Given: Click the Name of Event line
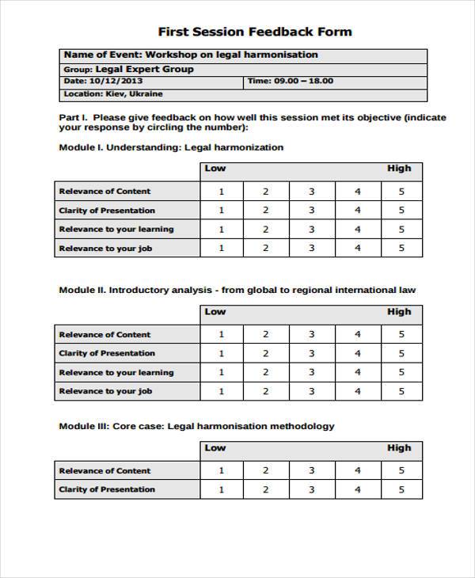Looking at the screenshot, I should tap(190, 55).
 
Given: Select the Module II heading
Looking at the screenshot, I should tap(237, 290).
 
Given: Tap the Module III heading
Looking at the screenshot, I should tap(196, 426).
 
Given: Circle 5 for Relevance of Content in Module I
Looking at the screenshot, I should tap(401, 192).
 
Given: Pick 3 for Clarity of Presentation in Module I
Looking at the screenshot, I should tap(311, 211).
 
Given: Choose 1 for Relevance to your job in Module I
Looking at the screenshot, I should tap(221, 248).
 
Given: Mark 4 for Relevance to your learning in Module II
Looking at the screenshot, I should tap(357, 372).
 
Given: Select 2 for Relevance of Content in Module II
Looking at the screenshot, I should tap(265, 334).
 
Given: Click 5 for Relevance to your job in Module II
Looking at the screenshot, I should tap(401, 391).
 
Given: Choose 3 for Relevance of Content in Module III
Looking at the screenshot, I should tap(311, 470).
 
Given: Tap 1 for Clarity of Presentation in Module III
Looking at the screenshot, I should tap(221, 489).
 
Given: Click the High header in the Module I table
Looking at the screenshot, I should tap(399, 168).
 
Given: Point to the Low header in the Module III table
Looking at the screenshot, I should tap(215, 448).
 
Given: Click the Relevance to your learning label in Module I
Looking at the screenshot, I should tap(116, 230).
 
